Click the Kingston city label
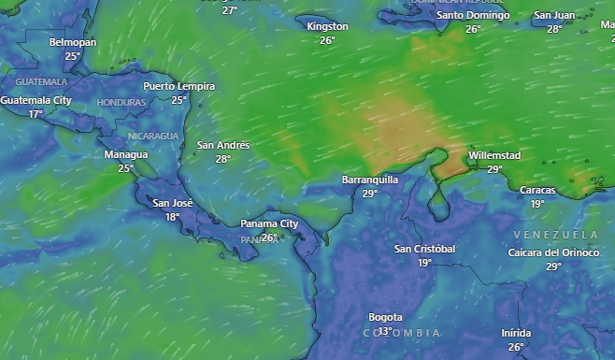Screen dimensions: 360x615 click(327, 26)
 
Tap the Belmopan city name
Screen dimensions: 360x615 click(73, 43)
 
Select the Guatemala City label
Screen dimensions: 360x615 click(36, 100)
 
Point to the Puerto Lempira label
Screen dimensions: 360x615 click(179, 86)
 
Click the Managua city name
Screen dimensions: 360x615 click(126, 154)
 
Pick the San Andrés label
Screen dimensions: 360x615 click(223, 145)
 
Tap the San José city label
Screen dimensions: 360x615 click(173, 203)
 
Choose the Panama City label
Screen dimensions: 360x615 click(269, 223)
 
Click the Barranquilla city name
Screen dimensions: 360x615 click(370, 179)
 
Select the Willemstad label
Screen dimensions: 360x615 click(494, 155)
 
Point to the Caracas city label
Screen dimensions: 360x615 click(537, 190)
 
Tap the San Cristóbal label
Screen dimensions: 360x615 click(424, 249)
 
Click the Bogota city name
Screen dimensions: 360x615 click(385, 317)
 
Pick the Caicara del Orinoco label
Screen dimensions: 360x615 click(553, 252)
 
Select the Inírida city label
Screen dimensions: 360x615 click(516, 333)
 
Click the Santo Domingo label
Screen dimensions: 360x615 click(473, 15)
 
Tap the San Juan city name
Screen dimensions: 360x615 click(554, 15)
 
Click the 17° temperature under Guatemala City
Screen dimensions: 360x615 click(36, 114)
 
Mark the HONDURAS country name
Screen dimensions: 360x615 click(122, 102)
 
